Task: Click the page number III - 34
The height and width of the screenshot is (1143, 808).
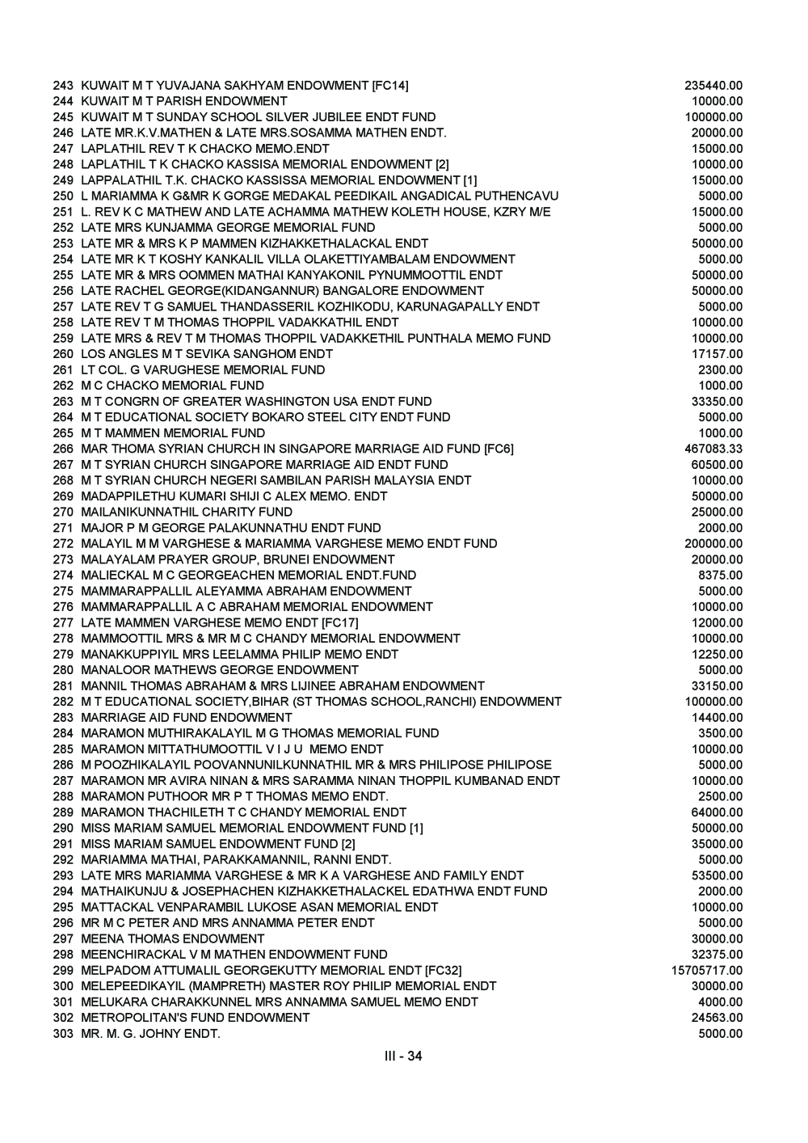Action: click(403, 1056)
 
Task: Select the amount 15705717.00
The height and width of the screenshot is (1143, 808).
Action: click(707, 970)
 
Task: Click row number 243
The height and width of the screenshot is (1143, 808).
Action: click(63, 86)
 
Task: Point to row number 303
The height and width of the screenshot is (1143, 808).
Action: click(63, 1034)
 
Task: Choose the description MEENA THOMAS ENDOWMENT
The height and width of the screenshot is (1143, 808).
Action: click(173, 938)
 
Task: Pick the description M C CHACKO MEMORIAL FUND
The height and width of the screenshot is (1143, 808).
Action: click(173, 386)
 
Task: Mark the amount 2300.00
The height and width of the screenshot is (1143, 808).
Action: click(721, 369)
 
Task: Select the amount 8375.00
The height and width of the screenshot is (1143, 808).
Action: click(721, 576)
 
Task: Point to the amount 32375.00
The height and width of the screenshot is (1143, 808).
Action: click(718, 955)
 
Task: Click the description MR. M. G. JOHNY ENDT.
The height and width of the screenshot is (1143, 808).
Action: click(150, 1034)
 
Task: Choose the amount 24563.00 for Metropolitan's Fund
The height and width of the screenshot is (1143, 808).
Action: click(718, 1018)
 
